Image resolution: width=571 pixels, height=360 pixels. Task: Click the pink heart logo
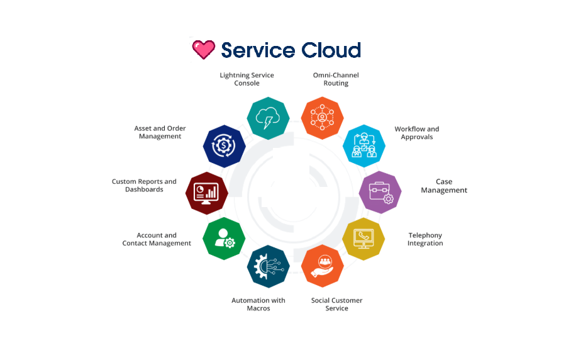click(203, 49)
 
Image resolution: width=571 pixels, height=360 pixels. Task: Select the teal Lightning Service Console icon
click(269, 118)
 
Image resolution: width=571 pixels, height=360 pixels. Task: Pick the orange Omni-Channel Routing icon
click(322, 118)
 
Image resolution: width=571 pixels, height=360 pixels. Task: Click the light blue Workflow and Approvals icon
click(363, 145)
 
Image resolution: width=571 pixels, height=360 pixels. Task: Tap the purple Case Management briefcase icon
click(380, 192)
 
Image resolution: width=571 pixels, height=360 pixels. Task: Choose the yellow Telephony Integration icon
click(363, 239)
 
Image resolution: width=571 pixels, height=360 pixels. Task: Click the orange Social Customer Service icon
click(323, 265)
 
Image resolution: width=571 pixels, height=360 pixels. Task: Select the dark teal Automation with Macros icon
click(269, 266)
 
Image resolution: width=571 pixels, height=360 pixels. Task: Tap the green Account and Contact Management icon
click(224, 238)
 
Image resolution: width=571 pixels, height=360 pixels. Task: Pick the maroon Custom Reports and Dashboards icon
click(207, 193)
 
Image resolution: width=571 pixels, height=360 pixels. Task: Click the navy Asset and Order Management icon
click(224, 145)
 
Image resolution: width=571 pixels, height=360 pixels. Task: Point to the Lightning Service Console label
click(247, 79)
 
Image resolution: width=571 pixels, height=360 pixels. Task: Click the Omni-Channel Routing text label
click(336, 79)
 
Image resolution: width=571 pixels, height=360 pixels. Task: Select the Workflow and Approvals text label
click(417, 133)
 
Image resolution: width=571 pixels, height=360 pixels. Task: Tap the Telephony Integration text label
click(425, 239)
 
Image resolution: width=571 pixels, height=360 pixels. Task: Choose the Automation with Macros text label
click(258, 305)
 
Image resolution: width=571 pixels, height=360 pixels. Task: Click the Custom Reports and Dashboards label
click(144, 186)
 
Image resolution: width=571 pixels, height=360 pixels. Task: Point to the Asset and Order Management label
click(160, 132)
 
